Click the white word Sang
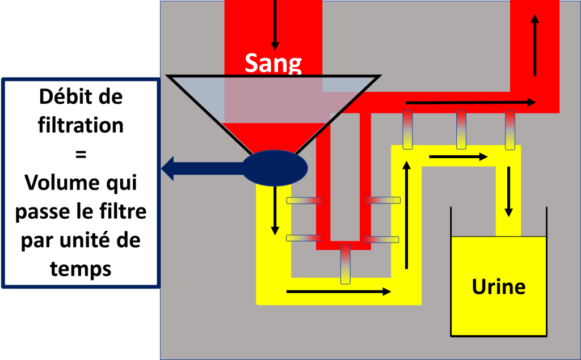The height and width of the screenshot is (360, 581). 273,63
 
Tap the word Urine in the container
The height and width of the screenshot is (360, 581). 498,286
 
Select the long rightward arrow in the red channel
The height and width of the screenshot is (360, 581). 470,103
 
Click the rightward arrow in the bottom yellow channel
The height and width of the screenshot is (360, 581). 339,291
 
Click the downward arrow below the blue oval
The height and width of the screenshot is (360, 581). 275,210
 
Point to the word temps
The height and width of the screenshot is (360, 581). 81,268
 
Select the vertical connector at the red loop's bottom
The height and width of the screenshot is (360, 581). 345,264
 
